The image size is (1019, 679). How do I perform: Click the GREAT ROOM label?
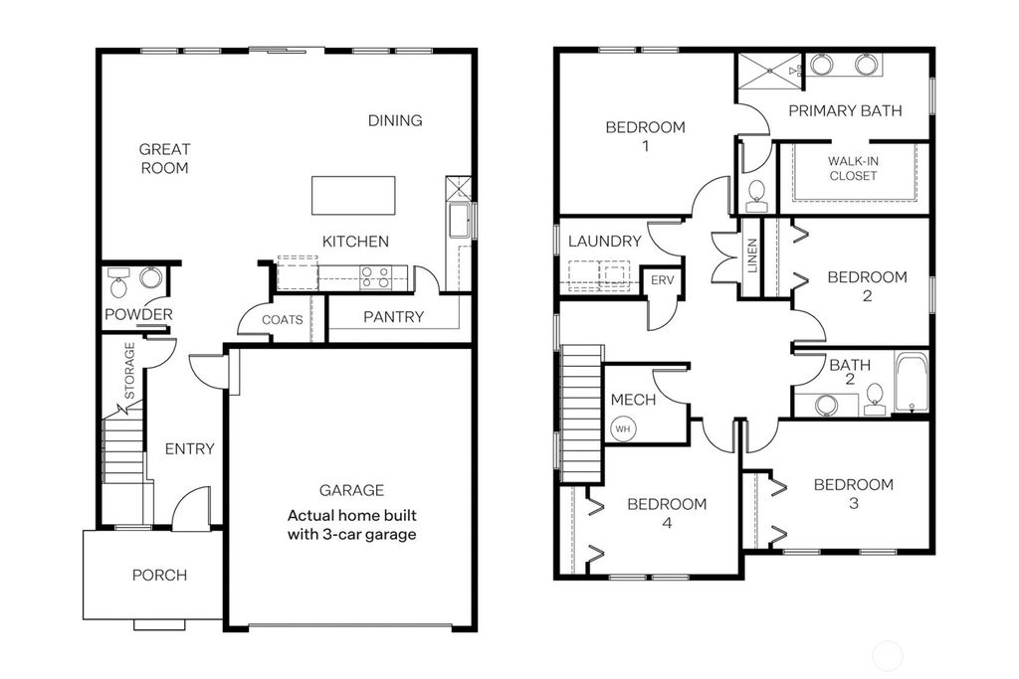click(x=164, y=159)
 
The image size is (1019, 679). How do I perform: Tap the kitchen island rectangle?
click(x=352, y=195)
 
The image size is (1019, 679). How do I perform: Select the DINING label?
click(x=395, y=120)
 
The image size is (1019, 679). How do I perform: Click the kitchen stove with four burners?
click(x=374, y=276)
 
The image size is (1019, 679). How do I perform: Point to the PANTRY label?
click(x=393, y=317)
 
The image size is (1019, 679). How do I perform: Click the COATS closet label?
click(x=282, y=320)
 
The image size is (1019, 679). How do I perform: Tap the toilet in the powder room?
click(x=119, y=285)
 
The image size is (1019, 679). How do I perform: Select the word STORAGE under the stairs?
click(x=129, y=368)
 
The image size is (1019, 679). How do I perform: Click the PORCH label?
click(x=159, y=575)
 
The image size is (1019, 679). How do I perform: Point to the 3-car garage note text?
click(x=351, y=525)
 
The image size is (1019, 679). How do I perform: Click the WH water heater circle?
click(x=623, y=429)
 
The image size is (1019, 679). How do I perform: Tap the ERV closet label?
click(x=662, y=280)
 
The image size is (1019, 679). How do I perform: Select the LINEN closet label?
click(x=752, y=256)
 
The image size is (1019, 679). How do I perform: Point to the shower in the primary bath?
click(x=768, y=72)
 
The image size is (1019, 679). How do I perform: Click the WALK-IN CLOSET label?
click(x=853, y=168)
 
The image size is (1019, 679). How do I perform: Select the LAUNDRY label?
click(x=604, y=241)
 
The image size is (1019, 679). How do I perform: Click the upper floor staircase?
click(x=582, y=412)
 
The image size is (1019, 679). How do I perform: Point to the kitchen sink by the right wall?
click(x=459, y=220)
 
